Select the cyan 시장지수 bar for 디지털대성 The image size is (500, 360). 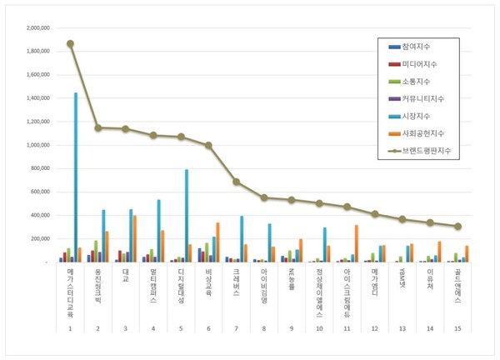187,216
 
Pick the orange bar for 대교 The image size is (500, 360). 134,238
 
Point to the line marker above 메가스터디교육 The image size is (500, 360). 70,43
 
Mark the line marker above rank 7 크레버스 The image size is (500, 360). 236,182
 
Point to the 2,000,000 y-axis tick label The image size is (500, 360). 38,27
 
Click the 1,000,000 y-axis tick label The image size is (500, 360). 38,145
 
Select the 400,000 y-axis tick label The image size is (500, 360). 41,215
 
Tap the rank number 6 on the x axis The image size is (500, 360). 208,329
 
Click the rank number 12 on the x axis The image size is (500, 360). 374,329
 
